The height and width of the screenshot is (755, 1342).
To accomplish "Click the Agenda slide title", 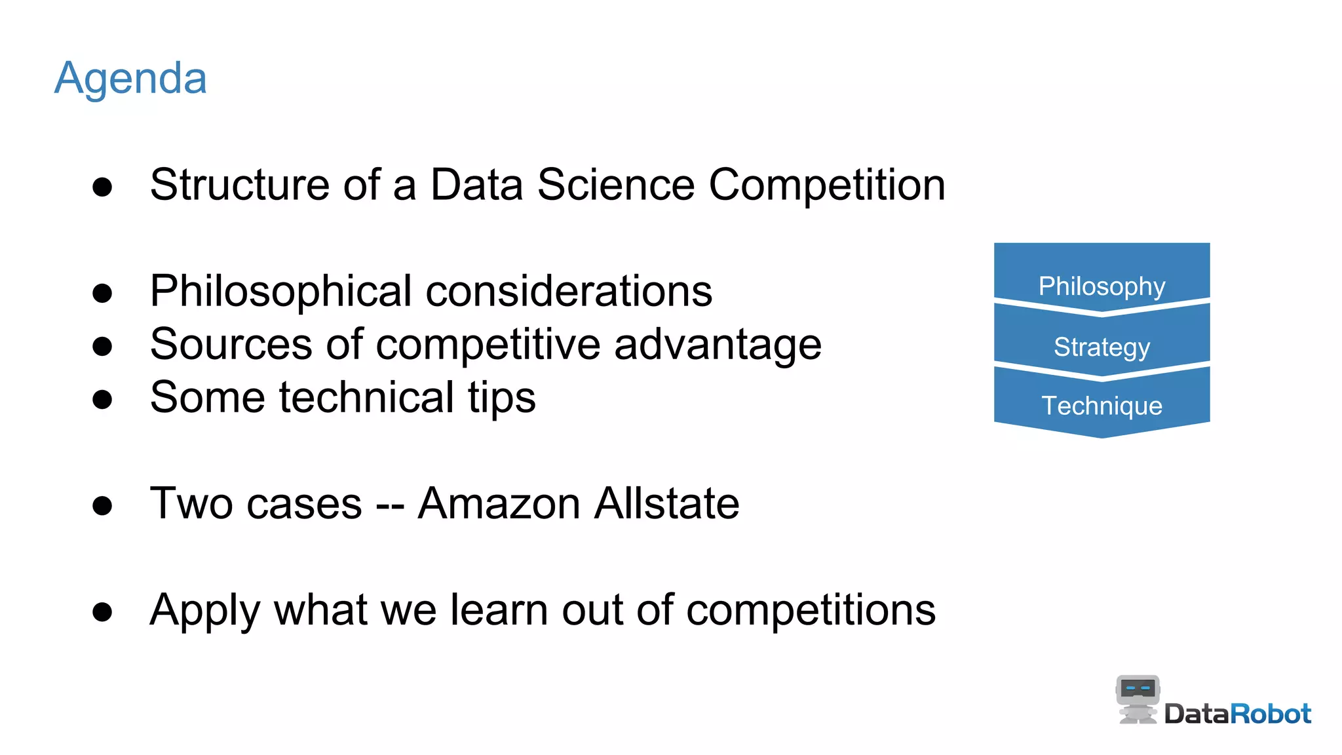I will [x=130, y=79].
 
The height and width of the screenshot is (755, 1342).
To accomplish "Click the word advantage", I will [x=718, y=344].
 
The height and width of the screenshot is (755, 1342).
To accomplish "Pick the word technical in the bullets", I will [x=366, y=397].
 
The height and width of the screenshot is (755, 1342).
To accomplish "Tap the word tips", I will [x=501, y=398].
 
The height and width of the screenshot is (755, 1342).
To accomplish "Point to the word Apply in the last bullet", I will [x=204, y=611].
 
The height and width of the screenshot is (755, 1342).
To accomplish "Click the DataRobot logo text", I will [x=1237, y=714].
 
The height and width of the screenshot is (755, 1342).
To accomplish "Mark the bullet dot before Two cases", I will [x=102, y=505].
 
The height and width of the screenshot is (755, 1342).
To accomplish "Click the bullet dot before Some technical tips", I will [x=102, y=399].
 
